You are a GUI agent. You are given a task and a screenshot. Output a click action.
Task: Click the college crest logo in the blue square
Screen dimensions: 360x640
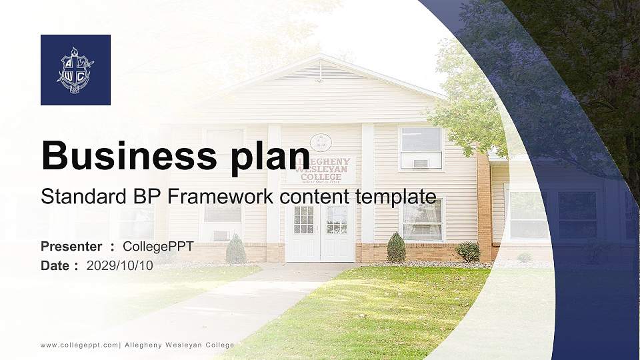click(75, 70)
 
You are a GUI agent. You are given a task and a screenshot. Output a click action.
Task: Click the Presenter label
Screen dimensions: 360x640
click(71, 247)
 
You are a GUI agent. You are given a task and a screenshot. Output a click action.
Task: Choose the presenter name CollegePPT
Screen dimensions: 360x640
click(158, 247)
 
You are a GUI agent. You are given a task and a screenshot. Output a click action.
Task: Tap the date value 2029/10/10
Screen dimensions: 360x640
click(120, 266)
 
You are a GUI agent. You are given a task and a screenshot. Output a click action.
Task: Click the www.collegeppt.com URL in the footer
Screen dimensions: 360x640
click(79, 345)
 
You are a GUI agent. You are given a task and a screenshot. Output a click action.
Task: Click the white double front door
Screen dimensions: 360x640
click(320, 231)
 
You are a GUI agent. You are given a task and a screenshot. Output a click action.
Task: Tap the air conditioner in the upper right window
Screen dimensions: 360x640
click(420, 163)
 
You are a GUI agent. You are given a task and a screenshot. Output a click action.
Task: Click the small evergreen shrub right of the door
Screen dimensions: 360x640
click(396, 248)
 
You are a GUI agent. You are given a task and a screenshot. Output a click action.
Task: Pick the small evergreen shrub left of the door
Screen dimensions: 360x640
click(235, 249)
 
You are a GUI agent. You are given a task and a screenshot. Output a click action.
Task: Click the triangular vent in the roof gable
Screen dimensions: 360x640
click(319, 71)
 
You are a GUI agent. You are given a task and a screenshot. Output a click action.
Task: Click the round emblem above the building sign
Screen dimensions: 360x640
click(321, 142)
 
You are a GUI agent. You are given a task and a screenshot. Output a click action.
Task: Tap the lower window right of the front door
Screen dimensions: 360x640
click(423, 219)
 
